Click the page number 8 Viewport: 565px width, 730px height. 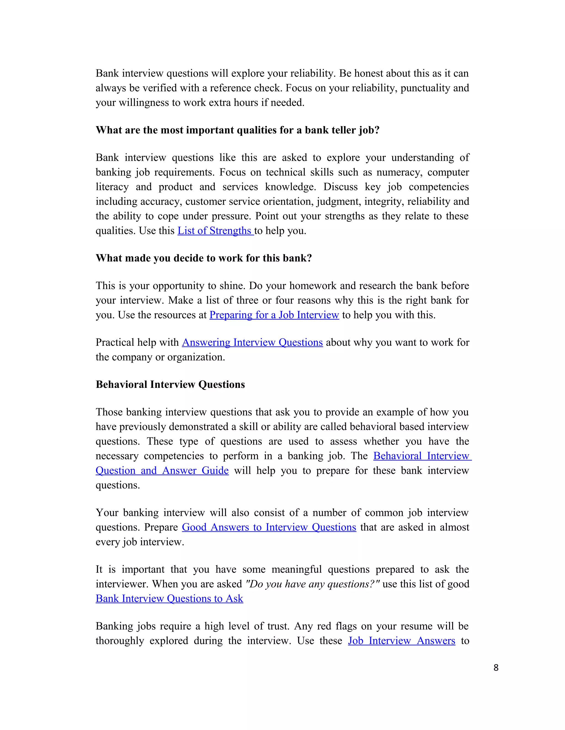(496, 667)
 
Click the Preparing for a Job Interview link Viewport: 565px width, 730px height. (274, 315)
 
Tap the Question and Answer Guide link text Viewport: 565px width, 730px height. (162, 471)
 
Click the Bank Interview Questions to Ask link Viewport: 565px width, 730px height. (169, 598)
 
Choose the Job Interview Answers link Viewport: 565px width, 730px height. (401, 641)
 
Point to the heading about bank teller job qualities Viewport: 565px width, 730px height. (237, 130)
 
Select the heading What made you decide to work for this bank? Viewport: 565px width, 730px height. (204, 258)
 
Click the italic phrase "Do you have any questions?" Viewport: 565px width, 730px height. (313, 584)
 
